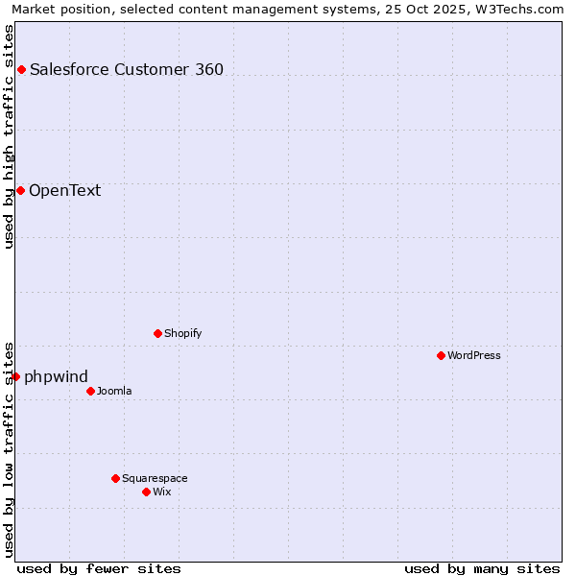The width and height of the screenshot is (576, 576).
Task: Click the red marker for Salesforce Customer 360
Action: coord(21,69)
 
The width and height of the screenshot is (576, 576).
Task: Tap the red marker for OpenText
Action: coord(20,190)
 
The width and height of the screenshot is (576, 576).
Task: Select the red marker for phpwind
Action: coord(15,376)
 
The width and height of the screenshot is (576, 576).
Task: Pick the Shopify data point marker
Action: coord(157,333)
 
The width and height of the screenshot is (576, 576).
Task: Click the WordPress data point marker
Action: coord(441,355)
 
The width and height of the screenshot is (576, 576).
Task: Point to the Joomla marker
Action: coord(90,391)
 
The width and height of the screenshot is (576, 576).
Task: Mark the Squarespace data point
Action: coord(115,478)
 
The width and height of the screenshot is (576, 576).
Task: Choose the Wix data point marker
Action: coord(146,492)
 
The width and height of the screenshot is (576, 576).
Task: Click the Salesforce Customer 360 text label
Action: coord(127,69)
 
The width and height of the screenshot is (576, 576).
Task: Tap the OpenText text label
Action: coord(64,190)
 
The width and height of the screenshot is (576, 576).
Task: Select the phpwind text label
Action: coord(56,376)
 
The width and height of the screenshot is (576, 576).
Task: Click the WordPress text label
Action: coord(474,355)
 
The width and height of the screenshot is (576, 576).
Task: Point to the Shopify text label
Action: coord(182,333)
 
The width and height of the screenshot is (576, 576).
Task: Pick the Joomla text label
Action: coord(114,391)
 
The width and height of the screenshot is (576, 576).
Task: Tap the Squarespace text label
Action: coord(155,478)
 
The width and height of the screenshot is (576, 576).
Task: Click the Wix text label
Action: coord(162,492)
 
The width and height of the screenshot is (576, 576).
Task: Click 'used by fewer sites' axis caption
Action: coord(99,568)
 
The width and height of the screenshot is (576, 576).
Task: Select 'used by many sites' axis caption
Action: coord(482,568)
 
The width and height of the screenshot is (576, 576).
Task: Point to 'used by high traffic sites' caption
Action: coord(10,136)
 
